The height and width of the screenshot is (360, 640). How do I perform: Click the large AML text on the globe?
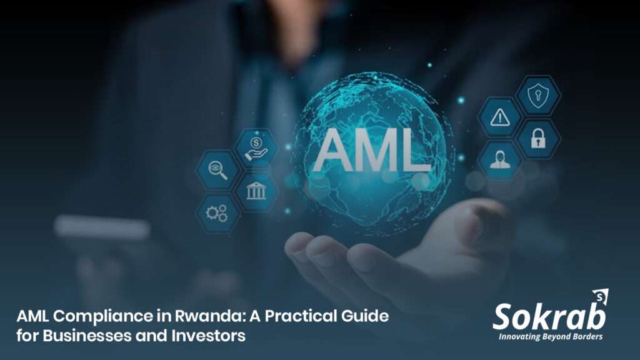pyautogui.click(x=372, y=152)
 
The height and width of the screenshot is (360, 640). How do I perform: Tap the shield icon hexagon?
pyautogui.click(x=537, y=95)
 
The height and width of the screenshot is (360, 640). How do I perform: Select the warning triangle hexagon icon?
pyautogui.click(x=499, y=117)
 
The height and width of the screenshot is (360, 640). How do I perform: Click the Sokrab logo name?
pyautogui.click(x=548, y=317)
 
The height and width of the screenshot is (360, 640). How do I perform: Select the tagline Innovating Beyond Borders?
pyautogui.click(x=550, y=337)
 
